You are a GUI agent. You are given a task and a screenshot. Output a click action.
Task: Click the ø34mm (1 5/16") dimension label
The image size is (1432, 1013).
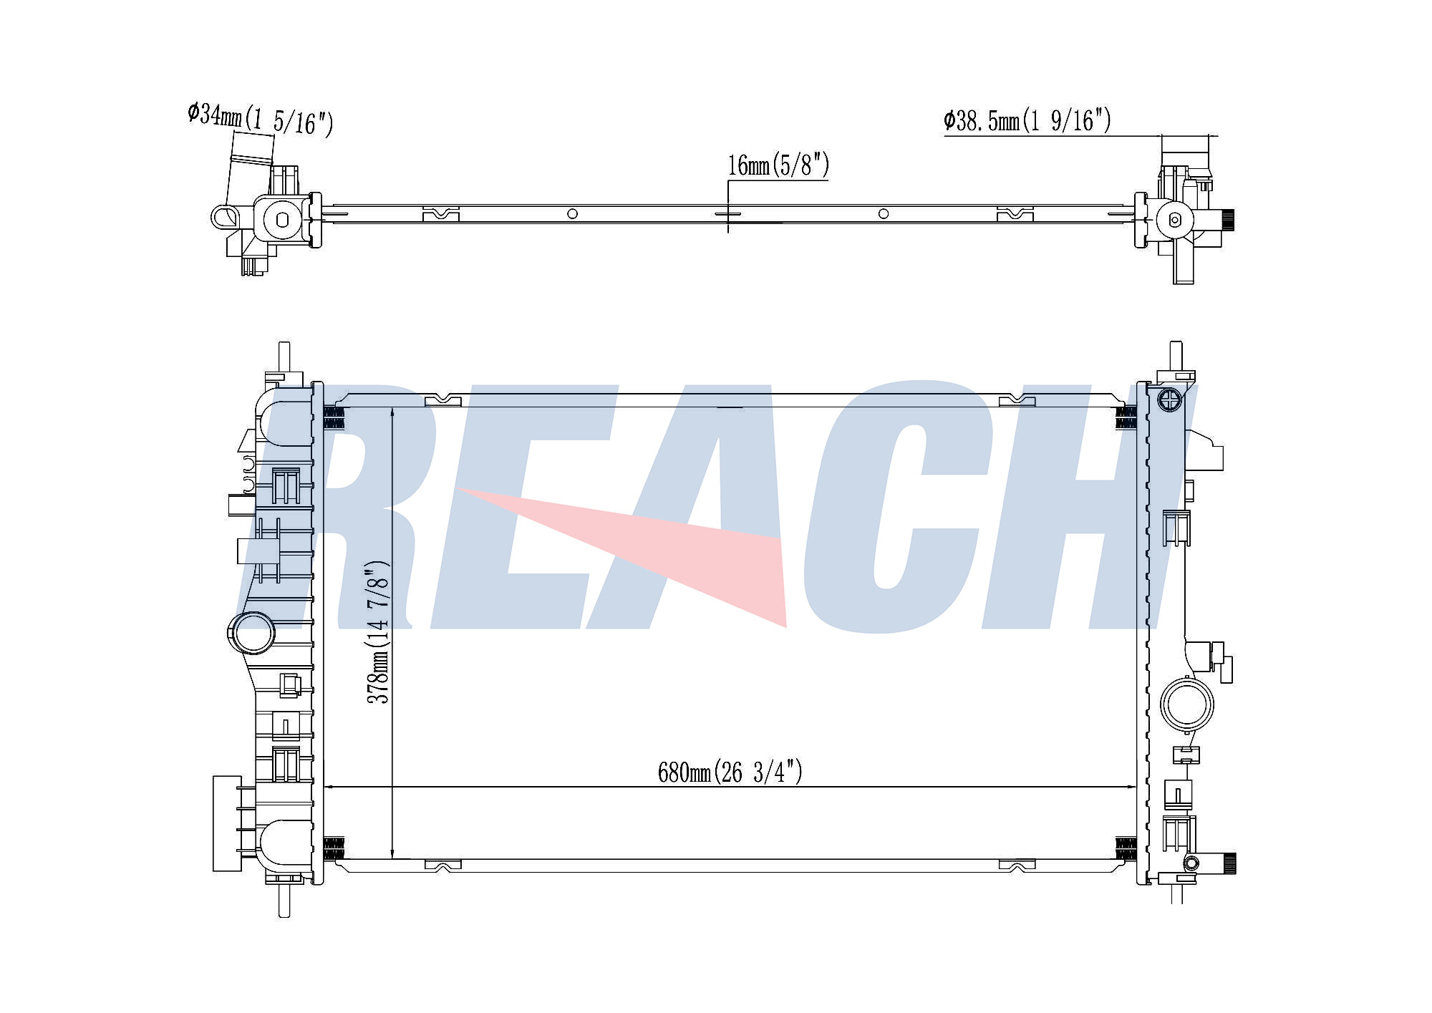pyautogui.click(x=261, y=120)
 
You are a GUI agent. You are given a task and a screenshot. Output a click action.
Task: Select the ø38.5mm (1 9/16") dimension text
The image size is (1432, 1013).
pyautogui.click(x=1027, y=120)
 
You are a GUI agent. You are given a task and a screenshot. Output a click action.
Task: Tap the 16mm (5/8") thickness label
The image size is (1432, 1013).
pyautogui.click(x=778, y=165)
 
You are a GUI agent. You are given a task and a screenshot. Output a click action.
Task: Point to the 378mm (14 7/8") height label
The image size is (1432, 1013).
pyautogui.click(x=377, y=632)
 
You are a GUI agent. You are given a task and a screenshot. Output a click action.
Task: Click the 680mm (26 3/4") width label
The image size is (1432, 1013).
pyautogui.click(x=730, y=772)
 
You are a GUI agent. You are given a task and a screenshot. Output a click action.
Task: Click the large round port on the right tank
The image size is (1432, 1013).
pyautogui.click(x=1187, y=704)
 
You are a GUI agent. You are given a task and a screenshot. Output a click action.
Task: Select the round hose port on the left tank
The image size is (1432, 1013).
pyautogui.click(x=251, y=633)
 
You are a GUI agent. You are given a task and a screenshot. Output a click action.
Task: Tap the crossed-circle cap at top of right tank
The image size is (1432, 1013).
pyautogui.click(x=1168, y=399)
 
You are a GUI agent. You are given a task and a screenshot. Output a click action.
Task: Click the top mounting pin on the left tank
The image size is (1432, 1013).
pyautogui.click(x=284, y=357)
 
